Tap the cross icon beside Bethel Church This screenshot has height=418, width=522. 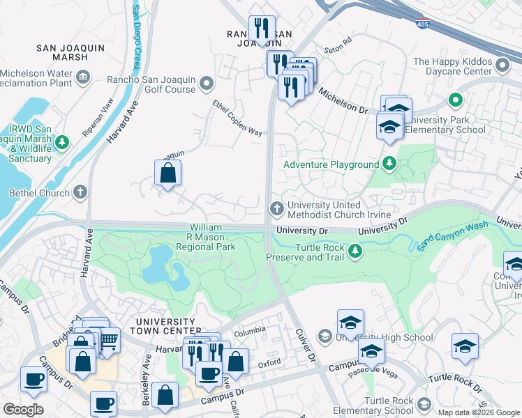(x=81, y=192)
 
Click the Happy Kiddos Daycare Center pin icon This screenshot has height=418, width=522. (x=502, y=66)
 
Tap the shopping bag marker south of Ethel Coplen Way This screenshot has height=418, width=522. (x=167, y=173)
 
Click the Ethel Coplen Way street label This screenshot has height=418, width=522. (x=237, y=118)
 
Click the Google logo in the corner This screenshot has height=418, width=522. (x=23, y=410)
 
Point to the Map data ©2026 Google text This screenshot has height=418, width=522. (x=479, y=412)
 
